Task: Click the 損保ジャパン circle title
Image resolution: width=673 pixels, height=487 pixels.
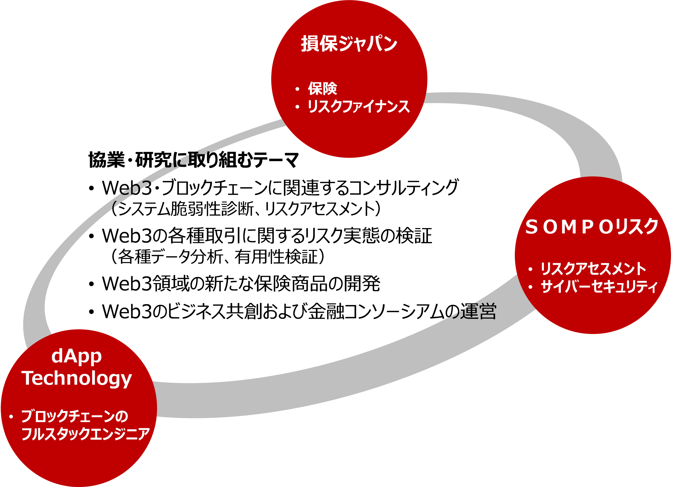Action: (x=349, y=44)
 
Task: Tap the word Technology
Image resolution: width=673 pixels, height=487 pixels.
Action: (x=77, y=379)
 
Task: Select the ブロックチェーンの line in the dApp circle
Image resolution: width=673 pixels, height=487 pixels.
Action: (x=75, y=416)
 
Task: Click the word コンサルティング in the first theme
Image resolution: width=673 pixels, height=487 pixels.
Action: (x=404, y=188)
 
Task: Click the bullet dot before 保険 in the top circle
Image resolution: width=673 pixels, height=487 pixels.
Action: (x=297, y=89)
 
